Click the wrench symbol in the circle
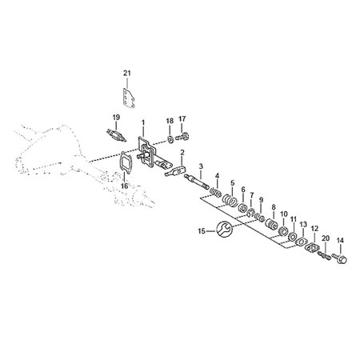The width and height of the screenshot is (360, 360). (x=224, y=230)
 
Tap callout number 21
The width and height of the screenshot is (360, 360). (x=127, y=73)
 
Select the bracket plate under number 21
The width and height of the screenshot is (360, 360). (x=129, y=98)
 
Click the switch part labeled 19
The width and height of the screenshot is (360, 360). (x=116, y=134)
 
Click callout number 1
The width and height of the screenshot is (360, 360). (x=143, y=122)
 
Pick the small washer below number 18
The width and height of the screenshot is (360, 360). (x=170, y=138)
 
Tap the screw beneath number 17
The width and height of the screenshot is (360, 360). (x=182, y=137)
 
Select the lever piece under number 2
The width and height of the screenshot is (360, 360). (x=175, y=171)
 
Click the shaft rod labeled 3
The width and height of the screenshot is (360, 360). (x=198, y=183)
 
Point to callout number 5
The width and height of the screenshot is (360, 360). (x=233, y=183)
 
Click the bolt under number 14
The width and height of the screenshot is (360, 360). (x=339, y=258)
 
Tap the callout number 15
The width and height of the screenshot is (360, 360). (x=202, y=231)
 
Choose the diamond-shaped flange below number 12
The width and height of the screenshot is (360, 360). (x=312, y=247)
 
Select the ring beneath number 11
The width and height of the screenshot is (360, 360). (x=293, y=236)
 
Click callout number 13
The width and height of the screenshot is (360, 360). (x=303, y=224)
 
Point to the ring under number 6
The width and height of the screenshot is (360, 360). (x=243, y=208)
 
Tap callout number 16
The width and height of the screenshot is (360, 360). (x=125, y=186)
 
